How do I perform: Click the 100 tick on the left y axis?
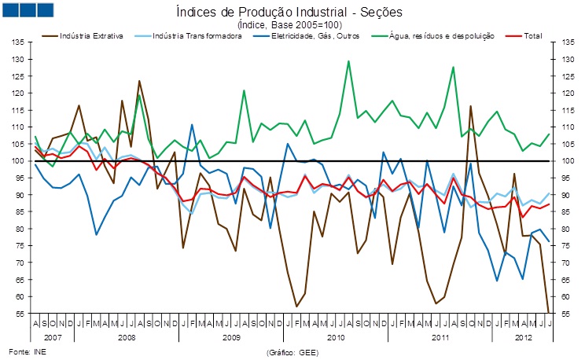point(19,161)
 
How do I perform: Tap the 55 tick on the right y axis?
point(566,313)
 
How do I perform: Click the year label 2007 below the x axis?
point(53,336)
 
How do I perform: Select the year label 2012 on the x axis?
point(521,336)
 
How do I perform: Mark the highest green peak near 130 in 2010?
point(348,61)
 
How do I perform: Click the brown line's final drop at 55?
point(548,312)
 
